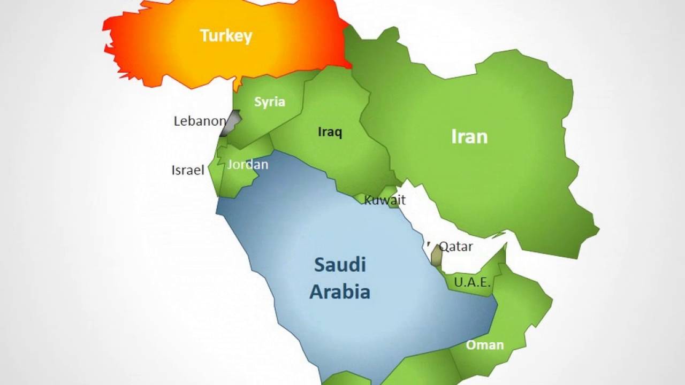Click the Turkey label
pyautogui.click(x=226, y=36)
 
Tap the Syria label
pyautogui.click(x=270, y=102)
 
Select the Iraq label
pyautogui.click(x=330, y=132)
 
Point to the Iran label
pyautogui.click(x=469, y=136)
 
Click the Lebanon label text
pyautogui.click(x=200, y=121)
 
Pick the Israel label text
pyautogui.click(x=188, y=170)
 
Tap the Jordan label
pyautogui.click(x=247, y=164)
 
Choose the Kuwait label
pyautogui.click(x=385, y=200)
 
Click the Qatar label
pyautogui.click(x=456, y=247)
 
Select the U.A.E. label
pyautogui.click(x=472, y=282)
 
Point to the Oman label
pyautogui.click(x=485, y=345)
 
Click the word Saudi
pyautogui.click(x=340, y=264)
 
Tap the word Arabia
pyautogui.click(x=340, y=292)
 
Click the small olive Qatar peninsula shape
pyautogui.click(x=437, y=256)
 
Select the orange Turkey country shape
pyautogui.click(x=161, y=48)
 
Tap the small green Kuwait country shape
pyautogui.click(x=389, y=191)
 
